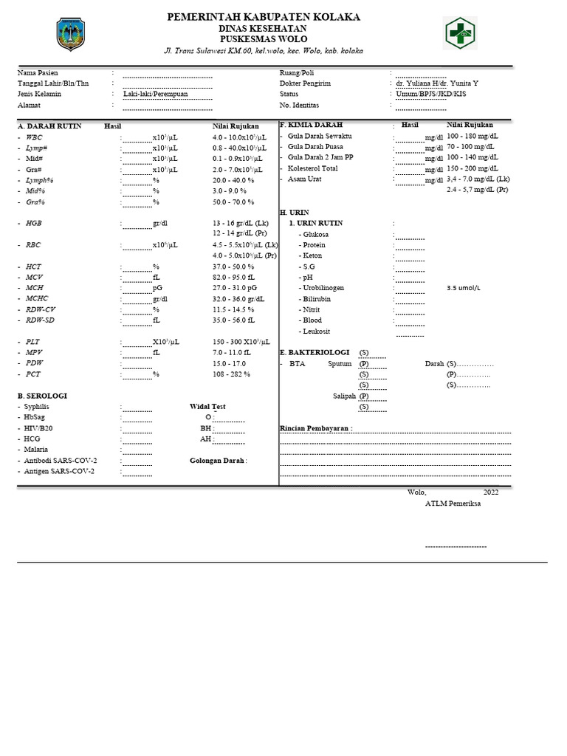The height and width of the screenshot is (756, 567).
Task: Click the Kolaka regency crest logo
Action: [71, 34]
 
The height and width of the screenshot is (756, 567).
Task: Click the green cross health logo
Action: [460, 33]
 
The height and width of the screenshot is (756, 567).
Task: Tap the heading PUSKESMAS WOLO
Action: [264, 38]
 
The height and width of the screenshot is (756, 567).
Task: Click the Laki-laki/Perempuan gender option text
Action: [155, 94]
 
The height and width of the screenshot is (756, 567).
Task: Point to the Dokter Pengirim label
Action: [305, 83]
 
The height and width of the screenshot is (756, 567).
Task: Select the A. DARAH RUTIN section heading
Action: [49, 126]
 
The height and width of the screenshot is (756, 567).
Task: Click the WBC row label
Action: [34, 137]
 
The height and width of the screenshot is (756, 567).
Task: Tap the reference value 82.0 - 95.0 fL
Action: [233, 277]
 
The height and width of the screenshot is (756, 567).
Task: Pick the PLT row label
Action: [33, 342]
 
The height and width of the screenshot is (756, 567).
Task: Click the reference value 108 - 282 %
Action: [232, 374]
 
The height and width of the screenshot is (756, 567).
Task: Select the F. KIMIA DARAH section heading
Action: [311, 126]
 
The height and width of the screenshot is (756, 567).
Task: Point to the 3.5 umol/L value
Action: [464, 288]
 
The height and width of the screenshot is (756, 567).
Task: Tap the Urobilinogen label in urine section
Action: [323, 288]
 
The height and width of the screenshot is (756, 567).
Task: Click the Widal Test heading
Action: [207, 406]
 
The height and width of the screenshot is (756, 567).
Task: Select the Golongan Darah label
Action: [218, 460]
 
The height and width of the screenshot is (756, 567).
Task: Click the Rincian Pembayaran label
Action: [316, 428]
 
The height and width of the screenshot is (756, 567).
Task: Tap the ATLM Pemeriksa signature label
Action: [451, 504]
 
